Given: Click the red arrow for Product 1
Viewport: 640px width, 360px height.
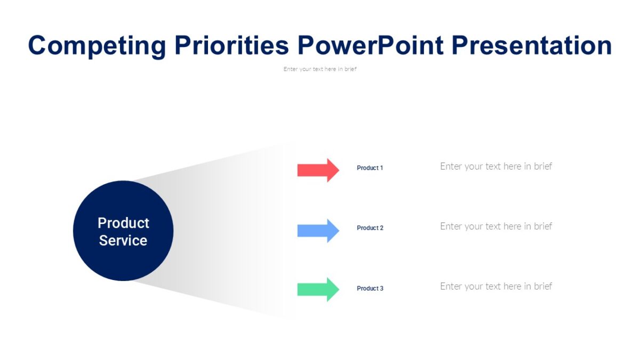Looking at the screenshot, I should (317, 170).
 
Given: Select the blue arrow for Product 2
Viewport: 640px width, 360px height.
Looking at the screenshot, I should (317, 230).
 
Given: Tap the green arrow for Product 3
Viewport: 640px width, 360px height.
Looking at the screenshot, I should (317, 290).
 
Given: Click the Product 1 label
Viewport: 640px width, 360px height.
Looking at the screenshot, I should (370, 168).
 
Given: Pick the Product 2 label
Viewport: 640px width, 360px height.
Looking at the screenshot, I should (370, 228).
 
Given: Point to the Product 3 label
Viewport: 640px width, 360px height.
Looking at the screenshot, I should (370, 289).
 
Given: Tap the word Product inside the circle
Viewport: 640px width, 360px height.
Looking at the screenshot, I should (123, 223).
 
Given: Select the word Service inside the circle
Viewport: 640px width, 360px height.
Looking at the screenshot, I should (123, 241).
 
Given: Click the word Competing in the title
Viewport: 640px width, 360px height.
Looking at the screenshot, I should (97, 46).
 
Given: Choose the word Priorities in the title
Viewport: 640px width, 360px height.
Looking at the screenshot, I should (231, 46).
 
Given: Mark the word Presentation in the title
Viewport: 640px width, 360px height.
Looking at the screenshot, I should (532, 46).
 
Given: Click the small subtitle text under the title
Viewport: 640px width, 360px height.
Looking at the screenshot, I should (320, 69).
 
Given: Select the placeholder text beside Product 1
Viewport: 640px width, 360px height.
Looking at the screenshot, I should (495, 166).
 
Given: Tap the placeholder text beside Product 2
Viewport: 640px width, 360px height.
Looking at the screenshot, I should (495, 226).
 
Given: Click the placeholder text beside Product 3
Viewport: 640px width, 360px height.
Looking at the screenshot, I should (495, 286).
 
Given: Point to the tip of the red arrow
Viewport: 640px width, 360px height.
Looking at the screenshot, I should (338, 170).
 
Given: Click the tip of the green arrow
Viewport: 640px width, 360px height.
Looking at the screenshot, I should (338, 290).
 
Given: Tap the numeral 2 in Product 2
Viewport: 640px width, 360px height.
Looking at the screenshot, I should (381, 228).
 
